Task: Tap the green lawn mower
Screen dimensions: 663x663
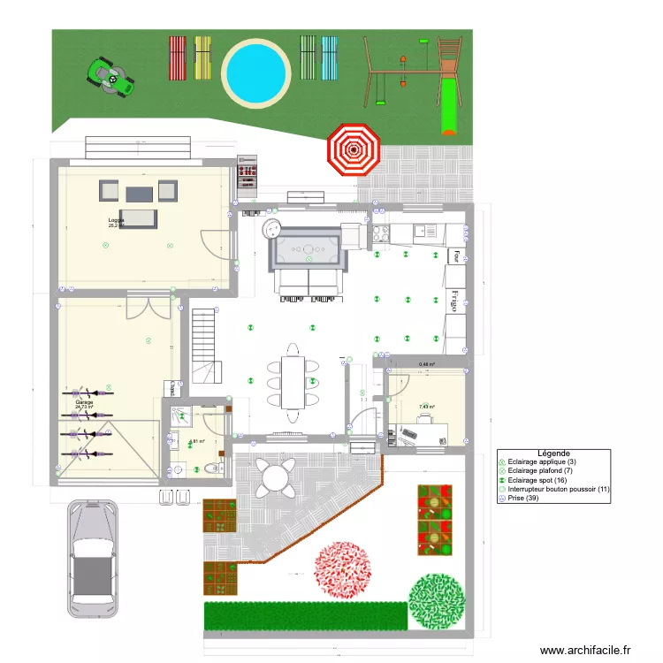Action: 111,76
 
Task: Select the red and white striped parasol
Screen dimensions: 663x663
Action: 354,149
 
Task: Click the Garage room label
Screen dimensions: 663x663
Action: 84,404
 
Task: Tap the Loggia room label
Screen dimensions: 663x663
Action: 116,220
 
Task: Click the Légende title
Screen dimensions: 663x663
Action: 553,453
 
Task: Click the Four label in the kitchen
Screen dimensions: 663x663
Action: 456,255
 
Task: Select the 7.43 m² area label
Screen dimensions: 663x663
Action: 426,408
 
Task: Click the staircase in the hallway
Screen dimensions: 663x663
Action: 203,345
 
